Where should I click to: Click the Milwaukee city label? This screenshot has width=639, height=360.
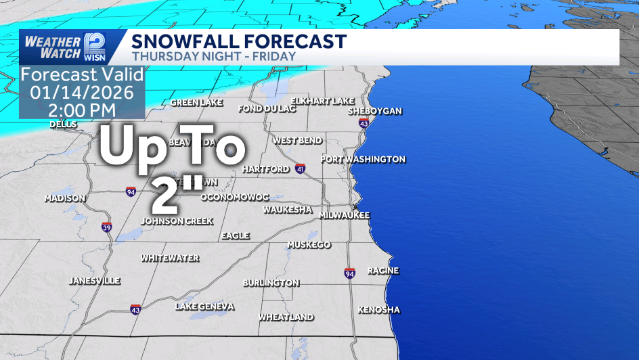tap(345, 215)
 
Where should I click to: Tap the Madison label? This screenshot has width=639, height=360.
tap(65, 198)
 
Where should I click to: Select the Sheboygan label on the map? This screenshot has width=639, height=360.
tap(375, 111)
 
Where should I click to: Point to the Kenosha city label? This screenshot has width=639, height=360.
tap(379, 310)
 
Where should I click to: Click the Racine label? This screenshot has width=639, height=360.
tap(383, 271)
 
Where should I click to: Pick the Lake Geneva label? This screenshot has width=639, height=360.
tap(205, 307)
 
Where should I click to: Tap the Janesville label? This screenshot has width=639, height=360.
tap(95, 280)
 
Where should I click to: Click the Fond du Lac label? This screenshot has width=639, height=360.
tap(267, 108)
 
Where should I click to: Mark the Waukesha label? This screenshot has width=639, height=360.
tap(288, 210)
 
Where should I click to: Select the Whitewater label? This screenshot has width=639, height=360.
tap(170, 258)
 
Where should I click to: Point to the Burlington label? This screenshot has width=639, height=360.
tap(271, 282)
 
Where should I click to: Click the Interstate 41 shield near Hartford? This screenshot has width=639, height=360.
tap(300, 168)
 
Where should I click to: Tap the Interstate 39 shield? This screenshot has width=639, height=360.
tap(107, 227)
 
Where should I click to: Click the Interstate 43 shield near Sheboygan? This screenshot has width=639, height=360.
tap(364, 124)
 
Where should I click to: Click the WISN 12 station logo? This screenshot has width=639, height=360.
tap(94, 47)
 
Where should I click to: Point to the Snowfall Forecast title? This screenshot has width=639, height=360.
tap(239, 41)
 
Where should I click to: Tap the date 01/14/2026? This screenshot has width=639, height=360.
tap(82, 91)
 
